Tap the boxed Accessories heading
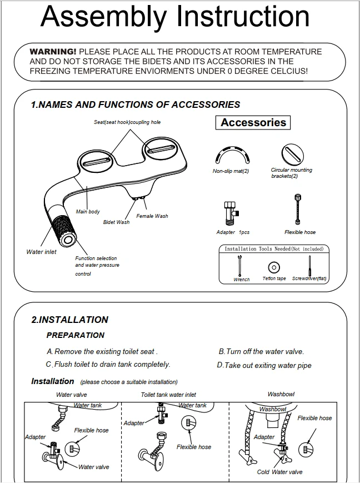253,123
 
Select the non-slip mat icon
231,153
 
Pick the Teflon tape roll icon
273,267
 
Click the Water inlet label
41,252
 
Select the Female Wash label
152,216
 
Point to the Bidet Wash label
116,222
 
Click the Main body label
88,212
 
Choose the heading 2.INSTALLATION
69,320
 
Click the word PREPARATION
75,335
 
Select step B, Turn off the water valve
261,351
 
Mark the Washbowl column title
281,394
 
